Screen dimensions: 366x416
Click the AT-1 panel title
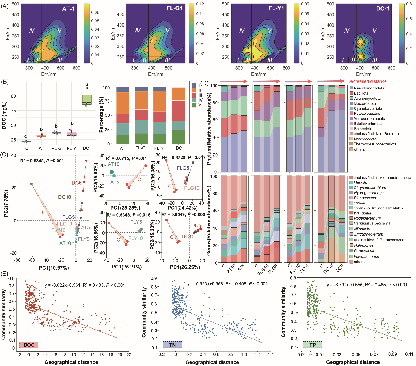68,9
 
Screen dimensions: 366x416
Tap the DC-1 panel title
382,9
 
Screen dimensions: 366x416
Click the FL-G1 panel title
174,8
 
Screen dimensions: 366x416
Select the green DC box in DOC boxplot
87,100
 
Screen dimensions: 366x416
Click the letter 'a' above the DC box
87,85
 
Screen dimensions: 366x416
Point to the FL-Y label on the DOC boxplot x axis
71,148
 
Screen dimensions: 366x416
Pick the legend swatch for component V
194,105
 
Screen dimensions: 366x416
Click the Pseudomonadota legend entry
369,88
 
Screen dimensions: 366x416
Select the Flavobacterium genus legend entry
367,256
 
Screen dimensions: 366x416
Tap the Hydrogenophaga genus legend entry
368,192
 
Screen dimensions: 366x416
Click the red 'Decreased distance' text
367,81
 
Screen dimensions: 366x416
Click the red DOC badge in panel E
29,345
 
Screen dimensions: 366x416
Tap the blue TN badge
172,345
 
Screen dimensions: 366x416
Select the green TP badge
312,345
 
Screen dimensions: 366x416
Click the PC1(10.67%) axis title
54,267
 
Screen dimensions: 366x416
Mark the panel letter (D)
204,83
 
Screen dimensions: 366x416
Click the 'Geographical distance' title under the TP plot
353,362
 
